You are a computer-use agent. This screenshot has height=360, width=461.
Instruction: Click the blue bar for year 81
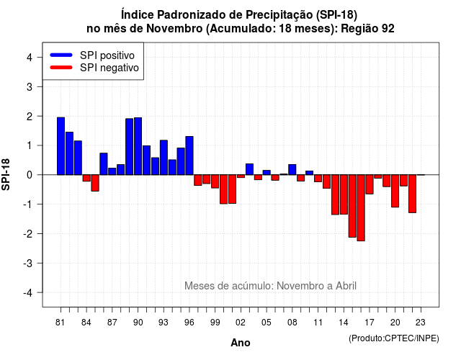(x=61, y=146)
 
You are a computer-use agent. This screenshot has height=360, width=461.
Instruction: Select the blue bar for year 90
(x=138, y=146)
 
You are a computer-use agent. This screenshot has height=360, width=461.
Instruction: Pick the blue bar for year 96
(x=189, y=156)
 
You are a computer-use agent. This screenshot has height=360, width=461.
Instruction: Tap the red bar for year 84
(x=86, y=178)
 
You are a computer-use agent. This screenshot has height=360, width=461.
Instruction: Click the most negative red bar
(x=361, y=208)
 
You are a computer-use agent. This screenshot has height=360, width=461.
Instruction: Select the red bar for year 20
(x=395, y=191)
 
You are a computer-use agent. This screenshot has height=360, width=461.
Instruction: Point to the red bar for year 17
(x=370, y=184)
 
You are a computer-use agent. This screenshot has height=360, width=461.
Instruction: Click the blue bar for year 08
(x=292, y=170)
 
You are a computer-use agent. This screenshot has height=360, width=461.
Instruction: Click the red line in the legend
(x=61, y=68)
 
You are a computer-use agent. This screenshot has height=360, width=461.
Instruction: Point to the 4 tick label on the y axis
(x=30, y=58)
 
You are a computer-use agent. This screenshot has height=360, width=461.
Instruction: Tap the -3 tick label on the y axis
(x=28, y=264)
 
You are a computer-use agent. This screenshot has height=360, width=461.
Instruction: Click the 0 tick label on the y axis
(x=30, y=175)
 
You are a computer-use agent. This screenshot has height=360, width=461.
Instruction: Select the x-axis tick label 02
(x=241, y=323)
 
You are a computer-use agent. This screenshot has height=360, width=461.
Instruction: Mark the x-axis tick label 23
(x=421, y=323)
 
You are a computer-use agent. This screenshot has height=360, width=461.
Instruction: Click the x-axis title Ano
(x=241, y=343)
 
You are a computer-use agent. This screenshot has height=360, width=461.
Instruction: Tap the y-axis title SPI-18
(x=6, y=175)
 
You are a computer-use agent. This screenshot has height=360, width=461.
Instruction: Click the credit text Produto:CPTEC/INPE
(x=394, y=338)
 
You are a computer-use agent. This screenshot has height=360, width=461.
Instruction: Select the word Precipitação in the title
(x=279, y=14)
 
